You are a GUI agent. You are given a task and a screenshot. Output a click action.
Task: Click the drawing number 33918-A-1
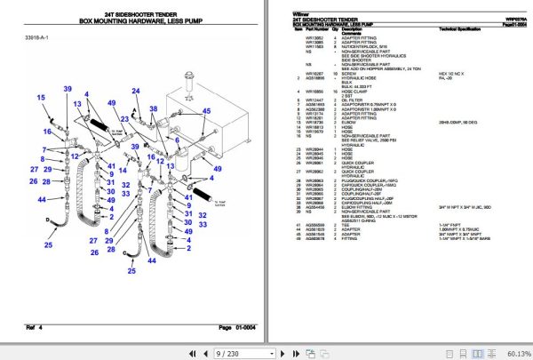click(x=38, y=38)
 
